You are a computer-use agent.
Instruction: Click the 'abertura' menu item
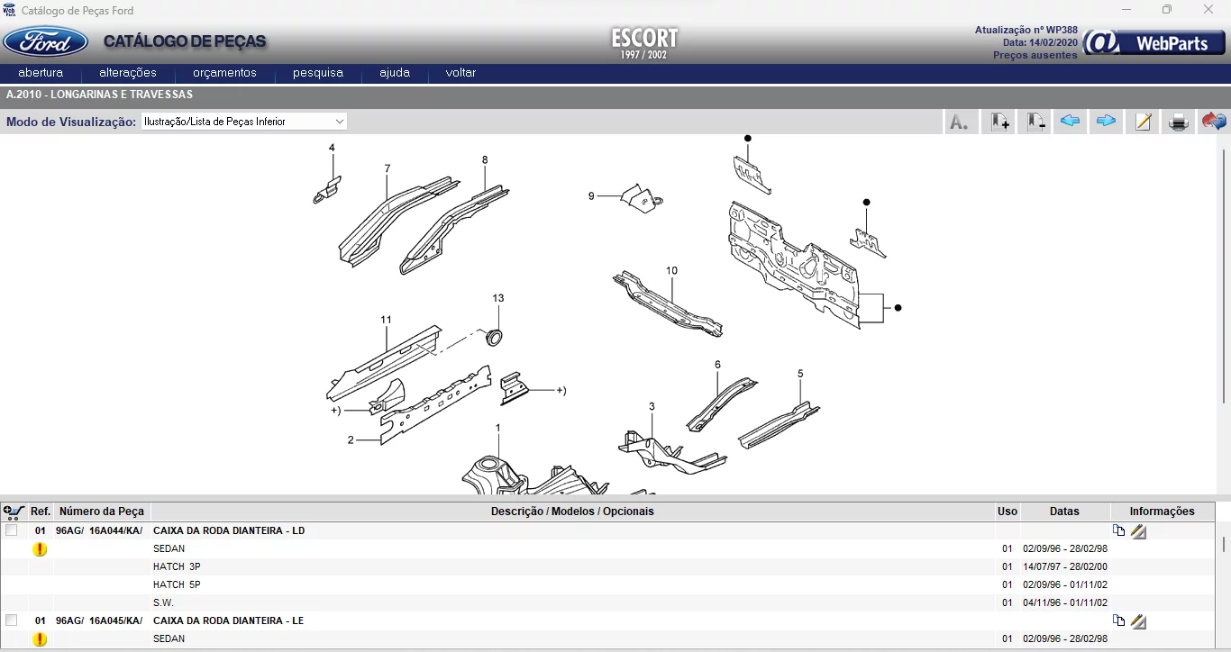(41, 73)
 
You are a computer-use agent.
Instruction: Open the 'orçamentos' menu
(224, 73)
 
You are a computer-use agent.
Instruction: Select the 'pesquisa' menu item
(317, 73)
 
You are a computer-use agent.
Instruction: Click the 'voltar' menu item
(460, 73)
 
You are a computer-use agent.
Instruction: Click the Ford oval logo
(45, 42)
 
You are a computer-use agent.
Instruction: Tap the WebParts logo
(1154, 43)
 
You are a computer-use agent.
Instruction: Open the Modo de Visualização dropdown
(243, 122)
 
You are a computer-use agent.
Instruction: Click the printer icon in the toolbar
(1178, 122)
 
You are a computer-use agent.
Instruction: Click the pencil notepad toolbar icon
(1143, 122)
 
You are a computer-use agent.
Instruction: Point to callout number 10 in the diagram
(671, 270)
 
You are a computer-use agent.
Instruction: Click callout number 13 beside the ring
(497, 298)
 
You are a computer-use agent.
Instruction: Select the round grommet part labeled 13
(494, 337)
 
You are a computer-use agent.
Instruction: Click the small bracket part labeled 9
(643, 198)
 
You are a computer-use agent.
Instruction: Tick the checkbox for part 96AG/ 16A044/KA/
(12, 530)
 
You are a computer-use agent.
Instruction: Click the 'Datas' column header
(1064, 512)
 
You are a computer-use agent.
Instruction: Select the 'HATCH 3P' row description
(177, 566)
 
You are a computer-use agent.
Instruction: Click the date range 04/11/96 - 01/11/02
(1064, 602)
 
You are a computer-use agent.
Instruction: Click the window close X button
(1208, 9)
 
